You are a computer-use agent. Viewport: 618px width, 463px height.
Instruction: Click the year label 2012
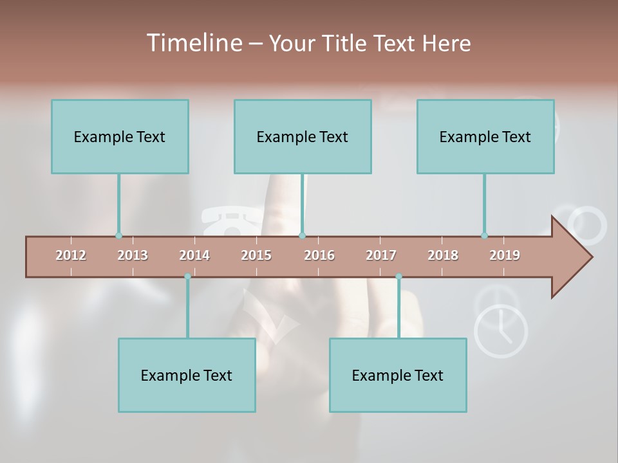(x=71, y=255)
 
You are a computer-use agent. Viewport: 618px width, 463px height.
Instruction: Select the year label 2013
(x=133, y=255)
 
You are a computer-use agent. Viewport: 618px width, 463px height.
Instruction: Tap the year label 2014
(x=194, y=255)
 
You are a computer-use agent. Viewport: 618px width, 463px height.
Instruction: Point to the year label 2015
(x=256, y=255)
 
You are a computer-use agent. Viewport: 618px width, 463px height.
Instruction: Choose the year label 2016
(x=319, y=255)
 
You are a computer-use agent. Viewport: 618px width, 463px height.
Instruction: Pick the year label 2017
(x=381, y=255)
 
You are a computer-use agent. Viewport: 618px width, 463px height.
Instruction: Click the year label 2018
(x=443, y=255)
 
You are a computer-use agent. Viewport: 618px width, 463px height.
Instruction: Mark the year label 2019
(x=505, y=255)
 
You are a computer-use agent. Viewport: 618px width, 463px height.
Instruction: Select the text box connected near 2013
(x=120, y=136)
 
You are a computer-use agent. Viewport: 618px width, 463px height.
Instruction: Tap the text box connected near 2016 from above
(x=303, y=136)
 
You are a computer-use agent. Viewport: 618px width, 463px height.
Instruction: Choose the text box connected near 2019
(x=485, y=136)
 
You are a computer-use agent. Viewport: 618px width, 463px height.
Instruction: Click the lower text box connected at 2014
(x=187, y=375)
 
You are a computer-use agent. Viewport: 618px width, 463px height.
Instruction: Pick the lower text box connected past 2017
(x=398, y=375)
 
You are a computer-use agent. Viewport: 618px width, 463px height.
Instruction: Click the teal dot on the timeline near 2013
(x=118, y=235)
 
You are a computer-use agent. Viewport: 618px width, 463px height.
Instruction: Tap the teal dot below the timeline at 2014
(x=187, y=277)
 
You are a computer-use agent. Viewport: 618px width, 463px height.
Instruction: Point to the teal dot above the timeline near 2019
(x=484, y=235)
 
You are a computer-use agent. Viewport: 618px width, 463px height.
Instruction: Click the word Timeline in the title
(x=193, y=43)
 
